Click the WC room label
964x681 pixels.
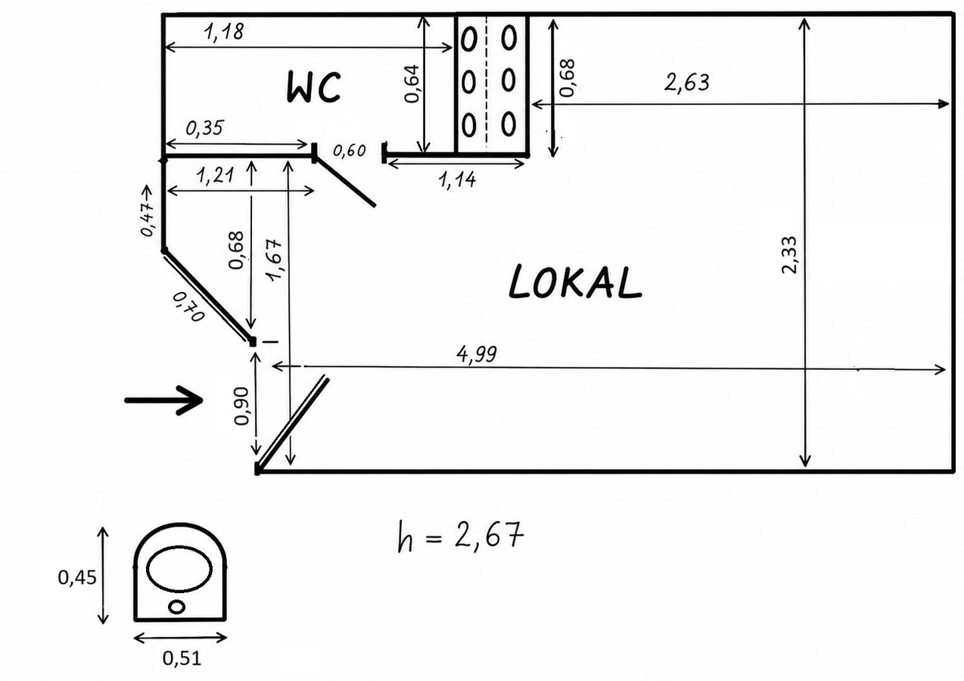[x=314, y=87]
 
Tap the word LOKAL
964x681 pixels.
[x=575, y=282]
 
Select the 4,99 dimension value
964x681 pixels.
[x=476, y=354]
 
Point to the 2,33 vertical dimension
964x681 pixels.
[x=790, y=255]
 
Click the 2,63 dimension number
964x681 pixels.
[x=686, y=82]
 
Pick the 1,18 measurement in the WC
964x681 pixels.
[x=223, y=32]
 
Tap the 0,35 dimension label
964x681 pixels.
[x=205, y=128]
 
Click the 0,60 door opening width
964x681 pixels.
[x=350, y=151]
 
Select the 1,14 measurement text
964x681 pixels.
[x=457, y=179]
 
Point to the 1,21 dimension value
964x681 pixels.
[x=215, y=176]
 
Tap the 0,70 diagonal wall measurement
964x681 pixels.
[x=188, y=306]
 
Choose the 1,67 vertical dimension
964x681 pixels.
[x=275, y=260]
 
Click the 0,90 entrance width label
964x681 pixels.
[x=241, y=406]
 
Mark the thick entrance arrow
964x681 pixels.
[x=163, y=400]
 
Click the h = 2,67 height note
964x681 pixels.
[x=461, y=536]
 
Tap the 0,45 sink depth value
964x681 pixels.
[x=77, y=577]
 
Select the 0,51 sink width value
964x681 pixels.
[x=182, y=658]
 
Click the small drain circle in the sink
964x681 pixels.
[x=177, y=607]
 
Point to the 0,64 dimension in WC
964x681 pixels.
[x=412, y=83]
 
